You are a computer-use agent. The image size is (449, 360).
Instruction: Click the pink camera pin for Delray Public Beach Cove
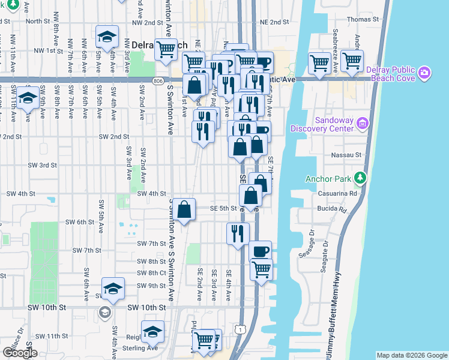[x=425, y=73]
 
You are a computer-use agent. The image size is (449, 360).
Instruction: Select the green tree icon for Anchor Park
[x=360, y=178]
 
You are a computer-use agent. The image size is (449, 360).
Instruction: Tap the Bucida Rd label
[x=334, y=210]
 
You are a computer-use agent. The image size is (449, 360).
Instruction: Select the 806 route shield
[x=157, y=80]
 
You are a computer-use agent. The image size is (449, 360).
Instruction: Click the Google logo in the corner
[x=19, y=353]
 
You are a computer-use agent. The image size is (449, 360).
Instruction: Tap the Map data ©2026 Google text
[x=411, y=355]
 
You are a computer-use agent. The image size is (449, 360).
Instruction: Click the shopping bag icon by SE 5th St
[x=185, y=210]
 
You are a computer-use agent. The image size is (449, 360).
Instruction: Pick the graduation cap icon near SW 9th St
[x=113, y=289]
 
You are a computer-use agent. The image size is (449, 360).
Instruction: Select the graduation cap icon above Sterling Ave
[x=152, y=331]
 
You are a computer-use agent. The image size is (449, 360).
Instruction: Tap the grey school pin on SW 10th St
[x=104, y=312]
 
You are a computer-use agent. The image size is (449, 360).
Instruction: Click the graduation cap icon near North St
[x=107, y=37]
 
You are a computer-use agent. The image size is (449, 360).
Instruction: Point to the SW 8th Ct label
[x=151, y=274]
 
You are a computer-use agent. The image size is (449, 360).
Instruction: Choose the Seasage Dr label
[x=312, y=242]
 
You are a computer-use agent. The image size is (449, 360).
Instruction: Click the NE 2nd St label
[x=275, y=22]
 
